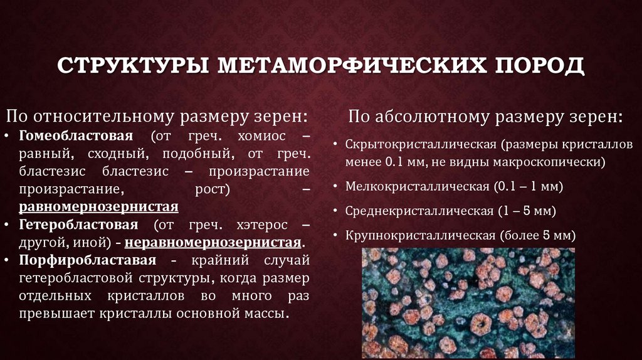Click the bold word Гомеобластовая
pyautogui.click(x=76, y=136)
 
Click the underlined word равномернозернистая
pyautogui.click(x=98, y=206)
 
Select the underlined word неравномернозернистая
pyautogui.click(x=213, y=242)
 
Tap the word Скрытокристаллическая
pyautogui.click(x=421, y=144)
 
